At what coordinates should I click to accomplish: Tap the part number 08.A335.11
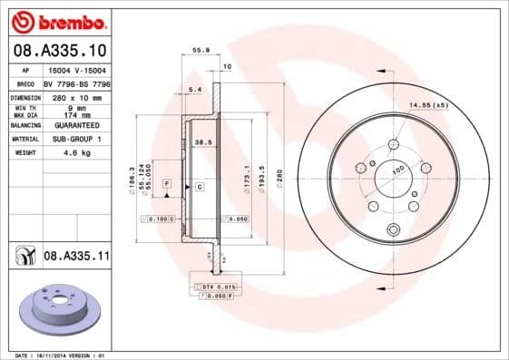pyautogui.click(x=76, y=258)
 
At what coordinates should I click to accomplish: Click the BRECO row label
pyautogui.click(x=24, y=83)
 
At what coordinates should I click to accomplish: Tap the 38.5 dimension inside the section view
pyautogui.click(x=203, y=142)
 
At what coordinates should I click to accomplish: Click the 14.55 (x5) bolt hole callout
pyautogui.click(x=428, y=106)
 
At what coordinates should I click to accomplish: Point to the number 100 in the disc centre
pyautogui.click(x=397, y=170)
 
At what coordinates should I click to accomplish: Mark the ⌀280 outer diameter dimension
pyautogui.click(x=279, y=176)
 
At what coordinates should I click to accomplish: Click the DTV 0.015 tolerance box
pyautogui.click(x=213, y=287)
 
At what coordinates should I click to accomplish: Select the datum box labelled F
pyautogui.click(x=167, y=184)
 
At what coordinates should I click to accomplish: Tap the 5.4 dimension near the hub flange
pyautogui.click(x=193, y=89)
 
